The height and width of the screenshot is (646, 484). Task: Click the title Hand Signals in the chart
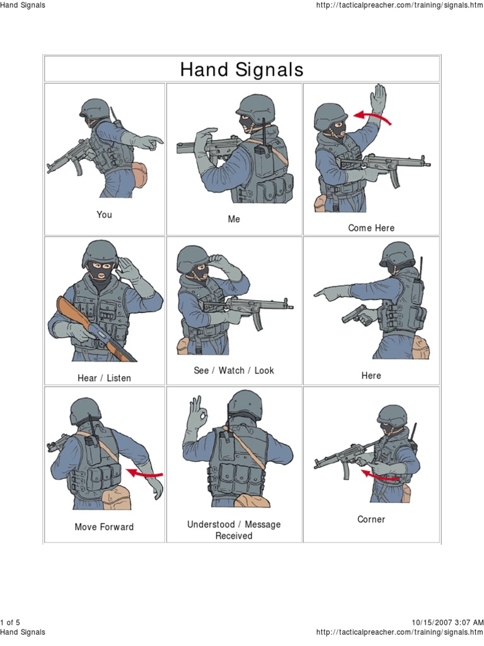coord(241,69)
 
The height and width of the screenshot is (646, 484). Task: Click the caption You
coord(104,214)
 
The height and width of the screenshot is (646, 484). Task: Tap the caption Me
coord(234,219)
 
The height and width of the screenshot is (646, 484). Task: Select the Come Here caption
coord(371,228)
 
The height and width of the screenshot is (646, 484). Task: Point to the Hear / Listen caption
coord(104,378)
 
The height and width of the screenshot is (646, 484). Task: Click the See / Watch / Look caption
coord(234,370)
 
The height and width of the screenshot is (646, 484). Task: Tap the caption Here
coord(371,375)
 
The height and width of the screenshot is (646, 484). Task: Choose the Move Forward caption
coord(104,527)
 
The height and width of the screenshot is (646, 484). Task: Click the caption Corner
coord(371,519)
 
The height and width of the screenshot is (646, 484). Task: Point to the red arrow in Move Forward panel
coord(144,474)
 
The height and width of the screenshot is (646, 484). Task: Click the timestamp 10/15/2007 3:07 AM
coord(447,623)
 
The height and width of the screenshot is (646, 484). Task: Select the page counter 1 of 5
coord(10,623)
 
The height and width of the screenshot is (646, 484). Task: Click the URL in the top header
coord(400,5)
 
